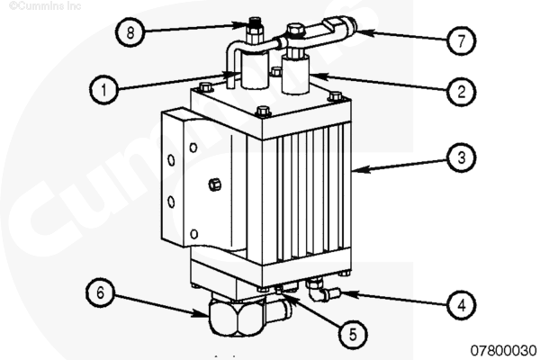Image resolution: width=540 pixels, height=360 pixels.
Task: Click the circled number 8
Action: pos(130,32)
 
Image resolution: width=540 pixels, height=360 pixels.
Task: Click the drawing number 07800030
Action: pos(501,349)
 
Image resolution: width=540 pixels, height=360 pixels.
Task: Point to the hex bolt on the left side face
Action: pos(213,184)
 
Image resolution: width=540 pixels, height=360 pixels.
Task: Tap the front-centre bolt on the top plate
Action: pos(263,112)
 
